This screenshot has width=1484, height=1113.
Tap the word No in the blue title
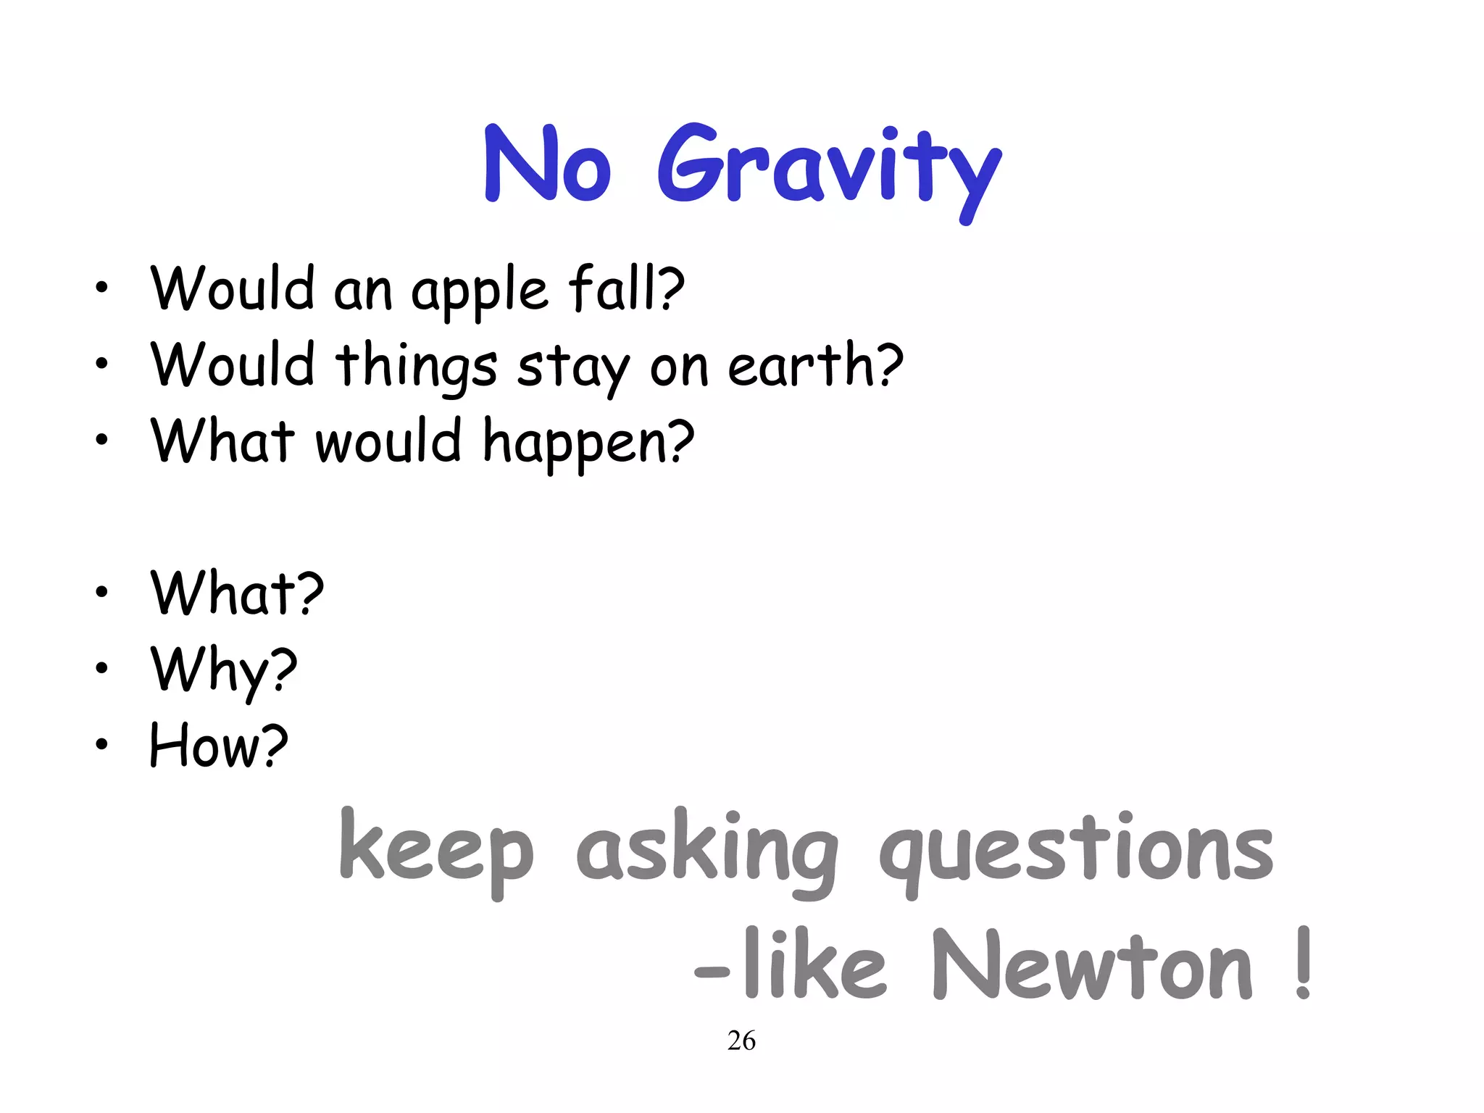(548, 165)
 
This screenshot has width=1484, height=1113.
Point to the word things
(416, 367)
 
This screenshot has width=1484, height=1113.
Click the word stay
(573, 368)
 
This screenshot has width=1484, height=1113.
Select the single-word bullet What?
(237, 593)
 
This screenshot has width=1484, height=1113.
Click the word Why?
(224, 670)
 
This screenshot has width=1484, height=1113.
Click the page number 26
(741, 1041)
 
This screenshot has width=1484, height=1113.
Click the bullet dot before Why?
(101, 667)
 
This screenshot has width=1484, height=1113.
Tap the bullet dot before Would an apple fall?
(101, 288)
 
